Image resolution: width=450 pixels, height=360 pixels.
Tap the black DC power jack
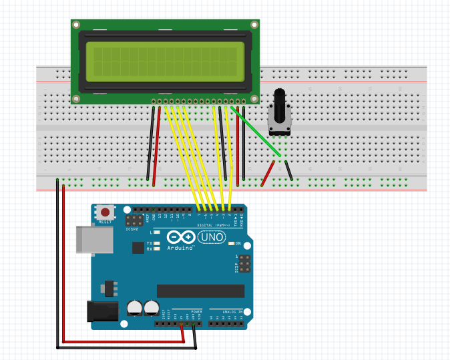pos(102,311)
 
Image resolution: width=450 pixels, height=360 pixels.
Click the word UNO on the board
pos(212,237)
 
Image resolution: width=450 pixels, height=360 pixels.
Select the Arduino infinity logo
pos(180,237)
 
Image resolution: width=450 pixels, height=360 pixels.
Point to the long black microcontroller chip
pos(200,291)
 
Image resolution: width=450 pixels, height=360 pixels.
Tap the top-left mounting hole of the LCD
pos(77,24)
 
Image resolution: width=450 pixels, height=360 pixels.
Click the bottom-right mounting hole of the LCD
pos(254,100)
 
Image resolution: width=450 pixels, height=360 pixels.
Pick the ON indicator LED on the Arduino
pos(232,243)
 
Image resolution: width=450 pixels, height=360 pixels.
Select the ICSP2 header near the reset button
pos(137,220)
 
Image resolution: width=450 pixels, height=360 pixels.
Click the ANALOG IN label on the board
pos(232,311)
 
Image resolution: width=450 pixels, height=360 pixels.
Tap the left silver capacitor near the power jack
pos(134,308)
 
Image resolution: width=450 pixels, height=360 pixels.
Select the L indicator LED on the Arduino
pos(156,232)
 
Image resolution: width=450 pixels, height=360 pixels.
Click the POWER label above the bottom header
pos(196,311)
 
